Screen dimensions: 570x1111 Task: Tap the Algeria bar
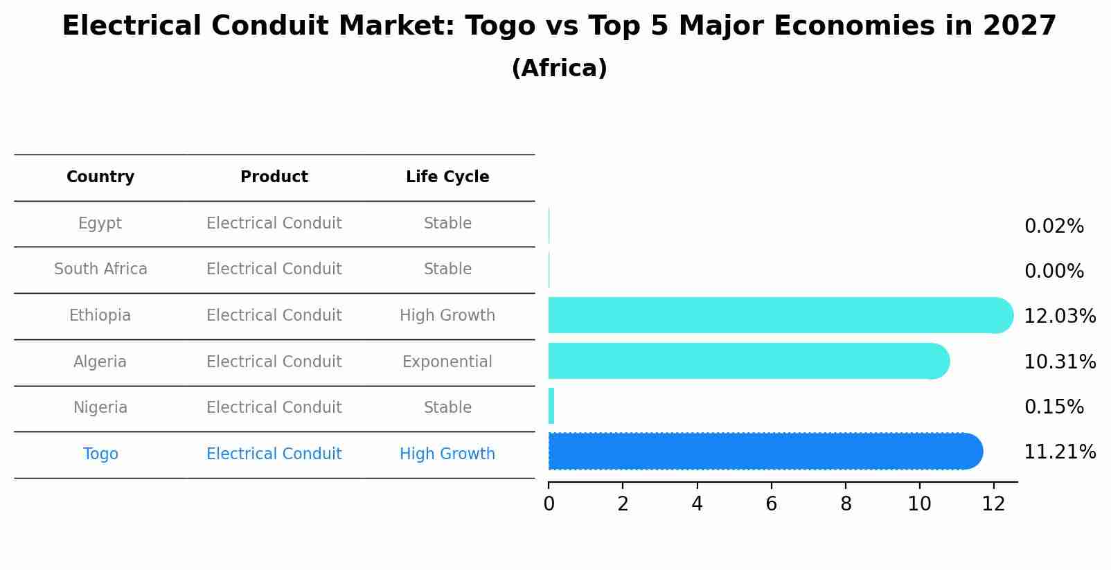click(748, 361)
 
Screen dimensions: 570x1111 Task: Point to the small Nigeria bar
click(551, 406)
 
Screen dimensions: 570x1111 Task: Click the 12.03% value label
click(1060, 317)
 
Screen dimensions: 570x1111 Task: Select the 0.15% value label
click(1054, 407)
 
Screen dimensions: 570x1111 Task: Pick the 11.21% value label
click(1060, 452)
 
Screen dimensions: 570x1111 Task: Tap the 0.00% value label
click(1054, 271)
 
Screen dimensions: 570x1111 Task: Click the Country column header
click(100, 177)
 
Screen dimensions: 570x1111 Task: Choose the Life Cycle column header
click(447, 177)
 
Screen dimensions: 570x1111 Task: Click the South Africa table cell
click(100, 269)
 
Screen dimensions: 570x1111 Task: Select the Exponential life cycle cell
click(447, 362)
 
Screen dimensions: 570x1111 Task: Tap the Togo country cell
click(100, 454)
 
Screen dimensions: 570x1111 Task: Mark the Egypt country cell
click(100, 224)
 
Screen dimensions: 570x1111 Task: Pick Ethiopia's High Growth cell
click(447, 316)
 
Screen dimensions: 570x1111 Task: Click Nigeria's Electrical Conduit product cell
click(274, 408)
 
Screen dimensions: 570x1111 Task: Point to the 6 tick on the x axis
click(771, 504)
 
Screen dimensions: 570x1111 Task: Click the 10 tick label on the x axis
click(919, 504)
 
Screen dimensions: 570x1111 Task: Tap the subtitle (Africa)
click(559, 69)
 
